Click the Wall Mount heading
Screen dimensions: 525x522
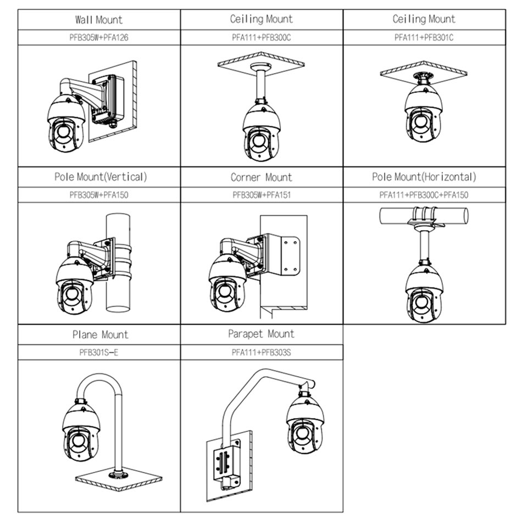click(99, 20)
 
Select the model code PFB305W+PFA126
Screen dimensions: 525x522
click(99, 37)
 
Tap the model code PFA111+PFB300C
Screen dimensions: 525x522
click(262, 37)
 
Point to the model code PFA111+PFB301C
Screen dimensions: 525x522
click(424, 37)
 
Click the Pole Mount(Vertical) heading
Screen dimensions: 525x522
click(101, 177)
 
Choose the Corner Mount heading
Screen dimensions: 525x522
click(262, 177)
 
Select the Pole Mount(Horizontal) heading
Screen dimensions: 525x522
click(424, 177)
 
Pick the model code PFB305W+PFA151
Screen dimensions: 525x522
click(262, 195)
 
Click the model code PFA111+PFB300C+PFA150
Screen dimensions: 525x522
click(424, 195)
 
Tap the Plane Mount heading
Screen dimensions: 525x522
click(100, 334)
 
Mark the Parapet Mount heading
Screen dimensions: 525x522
click(262, 334)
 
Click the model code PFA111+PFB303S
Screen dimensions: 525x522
click(262, 352)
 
